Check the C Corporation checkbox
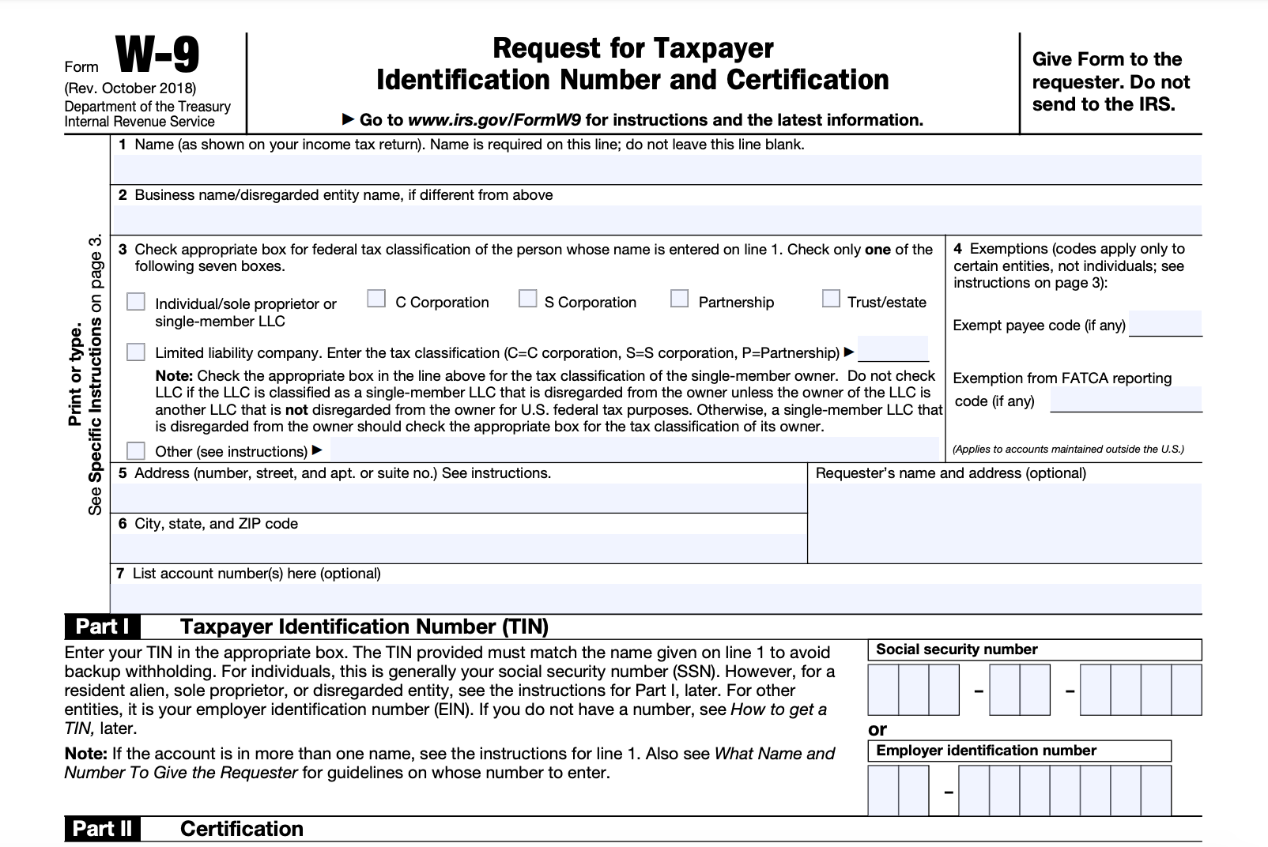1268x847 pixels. [376, 299]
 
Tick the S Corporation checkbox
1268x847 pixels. [527, 299]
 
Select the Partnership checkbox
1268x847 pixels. [679, 299]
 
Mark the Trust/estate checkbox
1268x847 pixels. [830, 299]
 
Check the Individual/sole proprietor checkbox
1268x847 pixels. [136, 303]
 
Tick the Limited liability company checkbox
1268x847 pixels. [136, 352]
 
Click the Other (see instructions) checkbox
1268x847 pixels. [136, 451]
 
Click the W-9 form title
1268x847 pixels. [157, 56]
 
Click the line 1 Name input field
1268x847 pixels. [656, 169]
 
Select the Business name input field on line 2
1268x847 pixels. [656, 220]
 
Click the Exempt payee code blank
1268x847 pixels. [1165, 324]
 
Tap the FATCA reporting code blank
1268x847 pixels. [1126, 400]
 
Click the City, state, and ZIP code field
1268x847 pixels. [459, 548]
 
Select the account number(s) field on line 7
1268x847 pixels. [656, 598]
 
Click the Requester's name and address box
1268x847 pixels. [1004, 521]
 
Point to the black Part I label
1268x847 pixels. [103, 627]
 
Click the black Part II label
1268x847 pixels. [103, 829]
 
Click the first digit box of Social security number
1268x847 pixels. [883, 690]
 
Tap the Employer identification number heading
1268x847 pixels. [986, 751]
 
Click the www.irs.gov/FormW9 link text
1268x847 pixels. [494, 120]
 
